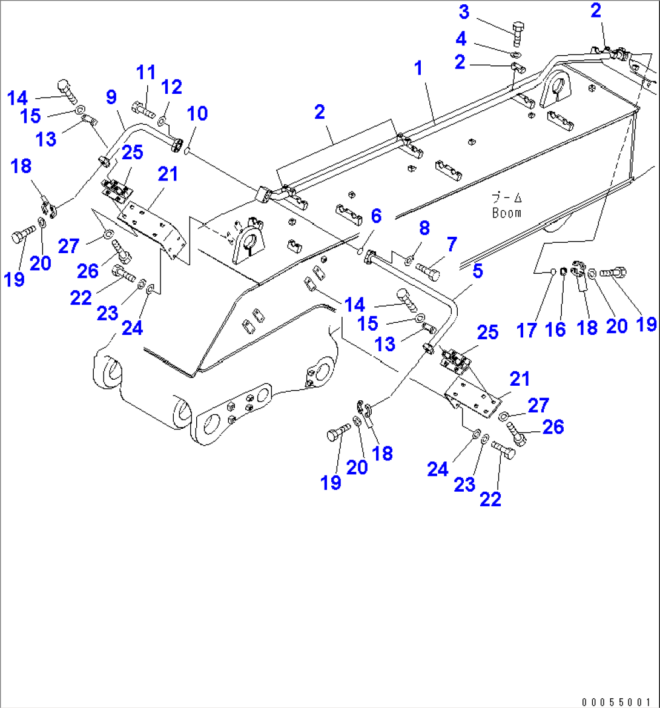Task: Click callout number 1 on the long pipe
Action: pyautogui.click(x=417, y=69)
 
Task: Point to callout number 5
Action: pyautogui.click(x=478, y=271)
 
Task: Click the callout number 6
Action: pyautogui.click(x=376, y=215)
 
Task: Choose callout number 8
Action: pyautogui.click(x=424, y=228)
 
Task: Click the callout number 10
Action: pyautogui.click(x=197, y=113)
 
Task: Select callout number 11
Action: pyautogui.click(x=145, y=73)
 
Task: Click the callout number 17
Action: pyautogui.click(x=527, y=330)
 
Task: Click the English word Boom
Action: pyautogui.click(x=506, y=213)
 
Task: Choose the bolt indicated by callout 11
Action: pyautogui.click(x=142, y=111)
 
